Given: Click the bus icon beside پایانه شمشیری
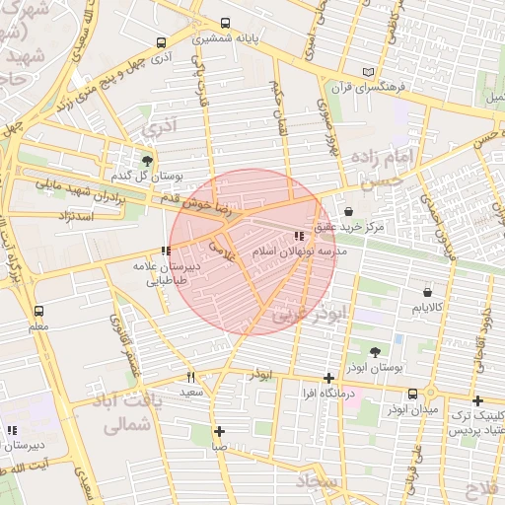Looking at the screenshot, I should pyautogui.click(x=226, y=24).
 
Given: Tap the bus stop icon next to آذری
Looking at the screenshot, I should pyautogui.click(x=161, y=43).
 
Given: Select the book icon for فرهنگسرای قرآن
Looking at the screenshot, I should pyautogui.click(x=369, y=72).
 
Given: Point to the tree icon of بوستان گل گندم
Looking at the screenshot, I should pyautogui.click(x=147, y=161).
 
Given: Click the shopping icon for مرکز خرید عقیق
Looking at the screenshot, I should pyautogui.click(x=349, y=211).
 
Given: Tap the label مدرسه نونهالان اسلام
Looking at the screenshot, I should pyautogui.click(x=302, y=252).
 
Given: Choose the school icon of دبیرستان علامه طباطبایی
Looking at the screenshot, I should pyautogui.click(x=165, y=252).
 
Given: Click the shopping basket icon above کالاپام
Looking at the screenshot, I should pyautogui.click(x=427, y=292).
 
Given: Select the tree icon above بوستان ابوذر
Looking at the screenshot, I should pyautogui.click(x=376, y=351).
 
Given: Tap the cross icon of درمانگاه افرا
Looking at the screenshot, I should pyautogui.click(x=328, y=378).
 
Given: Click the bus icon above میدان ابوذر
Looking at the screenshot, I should pyautogui.click(x=426, y=393).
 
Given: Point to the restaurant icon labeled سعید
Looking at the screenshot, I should pyautogui.click(x=190, y=377).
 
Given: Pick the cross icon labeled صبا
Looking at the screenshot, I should pyautogui.click(x=219, y=431).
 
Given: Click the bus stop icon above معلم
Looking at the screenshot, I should pyautogui.click(x=37, y=310).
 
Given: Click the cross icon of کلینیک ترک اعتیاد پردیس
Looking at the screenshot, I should pyautogui.click(x=477, y=400).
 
